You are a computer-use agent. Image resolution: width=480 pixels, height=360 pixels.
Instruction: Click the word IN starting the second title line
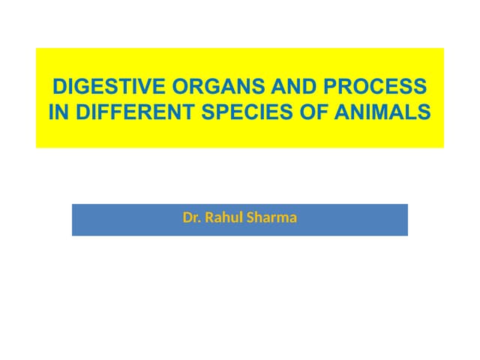click(57, 112)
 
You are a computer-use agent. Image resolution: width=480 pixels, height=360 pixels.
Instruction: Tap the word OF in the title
click(313, 112)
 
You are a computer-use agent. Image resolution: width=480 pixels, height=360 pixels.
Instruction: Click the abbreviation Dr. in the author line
click(192, 218)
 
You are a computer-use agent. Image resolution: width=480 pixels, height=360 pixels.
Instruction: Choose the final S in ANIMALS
click(425, 112)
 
